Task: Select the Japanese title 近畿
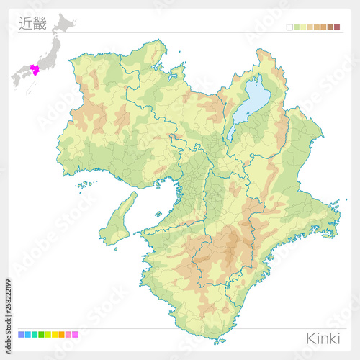(x=32, y=24)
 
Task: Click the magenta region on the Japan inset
(x=33, y=71)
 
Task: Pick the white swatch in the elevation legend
(x=289, y=27)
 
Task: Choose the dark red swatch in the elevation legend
(x=336, y=27)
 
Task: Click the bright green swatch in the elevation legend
(x=296, y=27)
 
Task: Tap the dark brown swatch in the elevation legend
(x=330, y=27)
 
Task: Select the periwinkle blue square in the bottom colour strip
(x=21, y=334)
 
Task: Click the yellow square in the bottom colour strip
(x=54, y=334)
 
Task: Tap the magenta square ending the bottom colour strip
(x=75, y=334)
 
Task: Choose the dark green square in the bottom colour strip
(x=41, y=334)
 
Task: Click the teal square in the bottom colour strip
(x=34, y=334)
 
